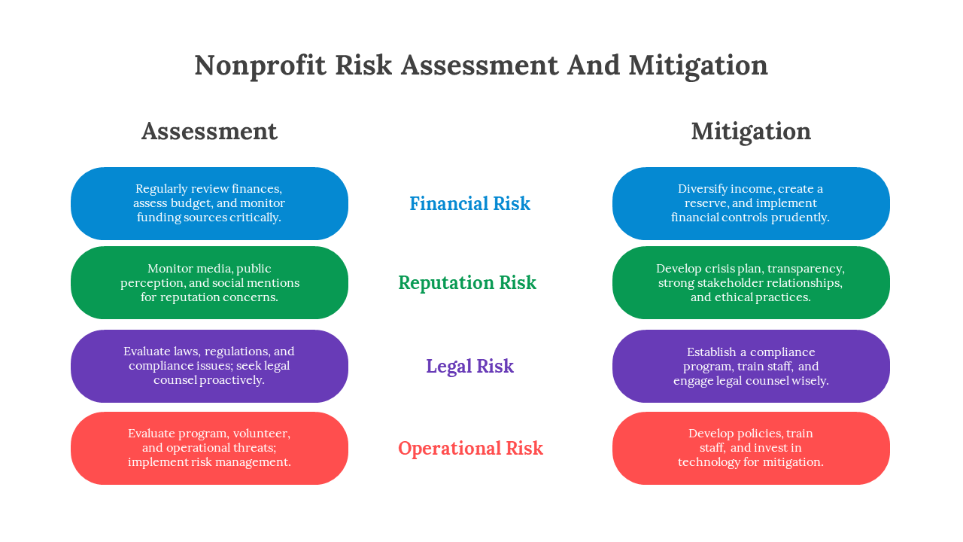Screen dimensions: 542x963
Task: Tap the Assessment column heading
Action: tap(209, 131)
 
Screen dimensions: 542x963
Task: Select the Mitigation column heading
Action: tap(751, 131)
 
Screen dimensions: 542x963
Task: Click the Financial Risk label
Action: tap(469, 204)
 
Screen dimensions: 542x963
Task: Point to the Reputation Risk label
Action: tap(466, 283)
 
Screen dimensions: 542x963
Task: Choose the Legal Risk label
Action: tap(469, 367)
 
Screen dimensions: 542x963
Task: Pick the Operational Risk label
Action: tap(470, 449)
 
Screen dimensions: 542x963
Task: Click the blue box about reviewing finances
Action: tap(209, 203)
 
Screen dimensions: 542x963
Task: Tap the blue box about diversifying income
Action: tap(751, 203)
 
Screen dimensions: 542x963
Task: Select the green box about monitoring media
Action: tap(209, 282)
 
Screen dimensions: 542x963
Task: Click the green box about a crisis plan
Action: tap(751, 282)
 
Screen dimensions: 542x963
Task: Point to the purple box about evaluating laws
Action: tap(209, 366)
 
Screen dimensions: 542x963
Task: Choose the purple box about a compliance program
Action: tap(751, 366)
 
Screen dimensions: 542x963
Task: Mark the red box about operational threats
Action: tap(209, 448)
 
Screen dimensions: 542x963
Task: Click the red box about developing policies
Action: tap(751, 448)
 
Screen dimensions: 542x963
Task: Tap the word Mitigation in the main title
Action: tap(697, 65)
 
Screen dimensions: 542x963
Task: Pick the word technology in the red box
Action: tap(709, 462)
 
